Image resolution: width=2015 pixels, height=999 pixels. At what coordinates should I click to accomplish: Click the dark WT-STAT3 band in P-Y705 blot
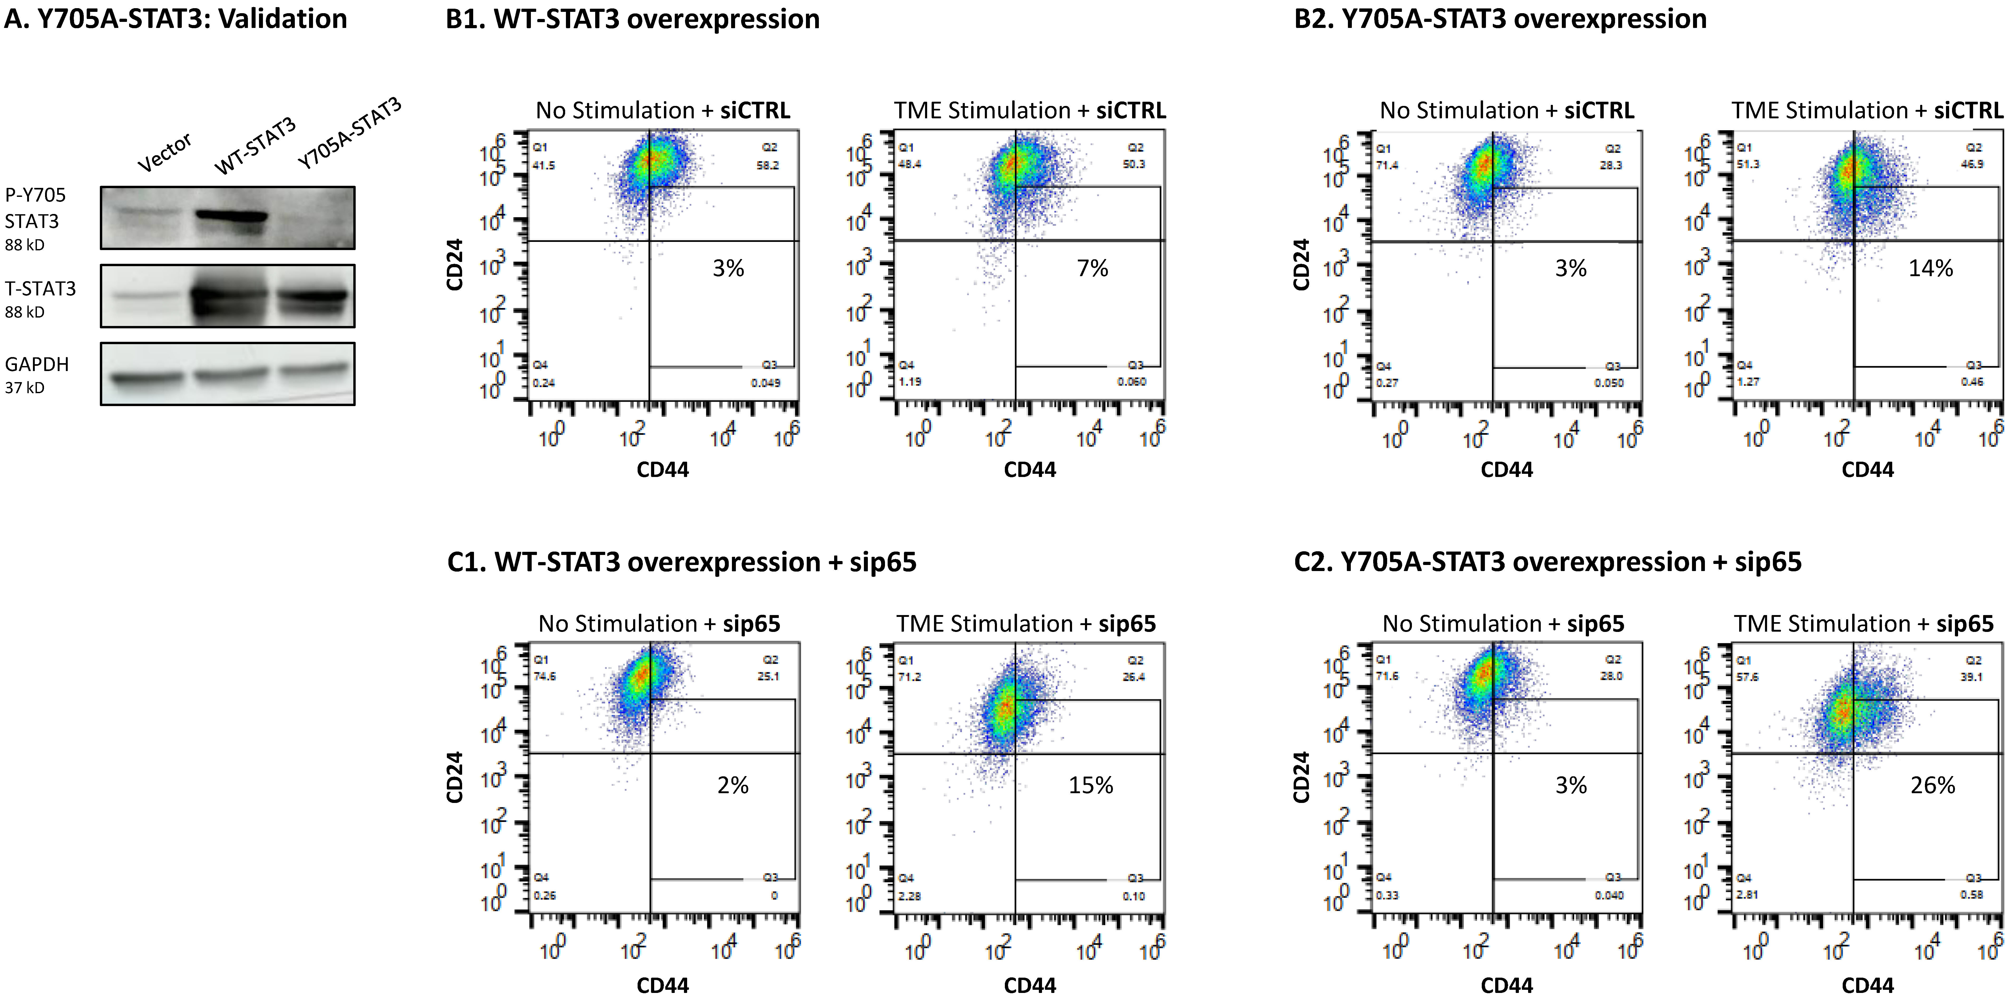pos(232,216)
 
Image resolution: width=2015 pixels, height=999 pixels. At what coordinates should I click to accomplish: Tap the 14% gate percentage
pos(1930,268)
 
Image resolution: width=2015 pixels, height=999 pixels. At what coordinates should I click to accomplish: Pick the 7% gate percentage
pos(1092,268)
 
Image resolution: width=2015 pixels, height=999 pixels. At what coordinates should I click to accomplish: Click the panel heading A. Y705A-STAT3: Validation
pos(175,19)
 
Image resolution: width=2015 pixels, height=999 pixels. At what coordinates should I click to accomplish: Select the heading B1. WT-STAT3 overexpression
pos(632,19)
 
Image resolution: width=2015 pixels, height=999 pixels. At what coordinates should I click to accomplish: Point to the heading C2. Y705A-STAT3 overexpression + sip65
pos(1547,562)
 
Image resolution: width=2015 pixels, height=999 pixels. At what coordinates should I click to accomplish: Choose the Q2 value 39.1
pos(1971,677)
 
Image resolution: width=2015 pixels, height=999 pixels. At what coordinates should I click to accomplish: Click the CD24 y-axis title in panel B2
pos(1301,264)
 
